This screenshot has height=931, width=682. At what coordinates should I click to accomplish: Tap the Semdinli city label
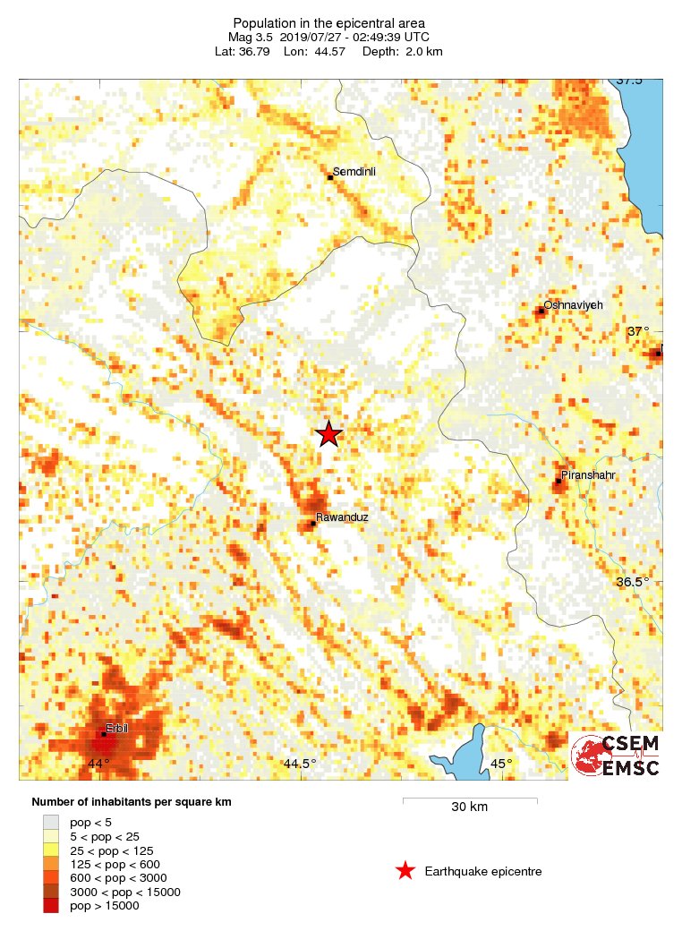click(x=354, y=171)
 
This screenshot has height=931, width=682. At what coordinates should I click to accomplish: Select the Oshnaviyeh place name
click(x=574, y=305)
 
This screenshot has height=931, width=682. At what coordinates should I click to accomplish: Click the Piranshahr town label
click(x=587, y=474)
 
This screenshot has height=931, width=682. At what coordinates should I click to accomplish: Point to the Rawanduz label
click(x=342, y=517)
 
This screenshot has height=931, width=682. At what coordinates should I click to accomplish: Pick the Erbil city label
click(x=117, y=728)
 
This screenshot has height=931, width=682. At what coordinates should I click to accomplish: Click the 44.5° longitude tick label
click(x=300, y=764)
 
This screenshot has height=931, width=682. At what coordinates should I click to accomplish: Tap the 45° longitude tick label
click(x=502, y=764)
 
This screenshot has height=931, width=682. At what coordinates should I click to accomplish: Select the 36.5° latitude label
click(x=633, y=582)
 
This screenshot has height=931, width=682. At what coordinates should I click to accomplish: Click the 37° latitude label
click(x=638, y=331)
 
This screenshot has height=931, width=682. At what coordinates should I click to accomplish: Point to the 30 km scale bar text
click(x=469, y=807)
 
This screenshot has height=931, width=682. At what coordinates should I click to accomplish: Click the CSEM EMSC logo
click(x=616, y=756)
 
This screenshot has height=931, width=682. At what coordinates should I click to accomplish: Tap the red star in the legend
click(x=405, y=871)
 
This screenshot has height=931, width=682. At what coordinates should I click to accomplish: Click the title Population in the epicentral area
click(x=328, y=23)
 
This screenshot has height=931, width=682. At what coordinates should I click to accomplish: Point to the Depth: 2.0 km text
click(x=402, y=52)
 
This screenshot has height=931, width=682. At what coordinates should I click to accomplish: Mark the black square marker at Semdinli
click(x=329, y=177)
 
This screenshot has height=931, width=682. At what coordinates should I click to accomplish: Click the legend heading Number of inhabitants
click(x=132, y=802)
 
